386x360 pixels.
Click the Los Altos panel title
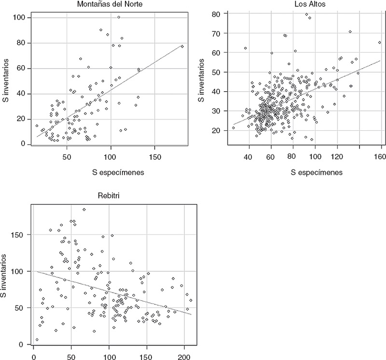(298, 4)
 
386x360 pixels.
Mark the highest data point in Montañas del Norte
(119, 17)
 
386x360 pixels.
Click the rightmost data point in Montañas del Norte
(182, 46)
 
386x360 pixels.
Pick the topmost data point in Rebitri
(84, 209)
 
